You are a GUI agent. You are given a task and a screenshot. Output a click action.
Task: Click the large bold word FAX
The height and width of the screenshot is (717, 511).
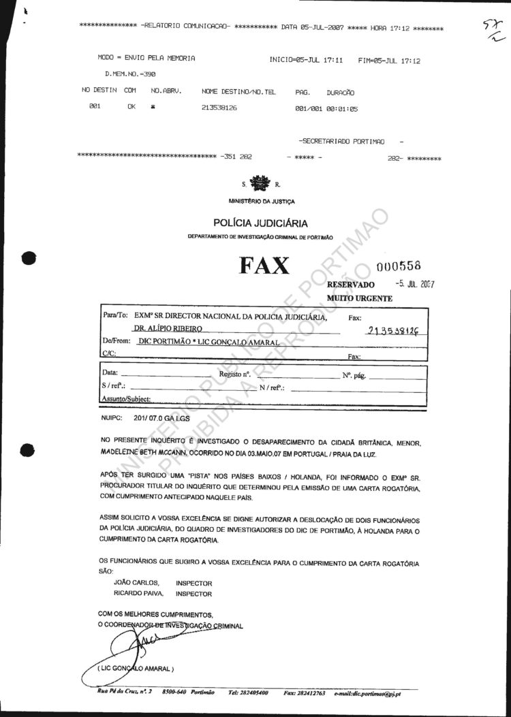(264, 266)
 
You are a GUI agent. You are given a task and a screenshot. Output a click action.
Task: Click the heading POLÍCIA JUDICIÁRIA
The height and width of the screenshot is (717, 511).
(260, 223)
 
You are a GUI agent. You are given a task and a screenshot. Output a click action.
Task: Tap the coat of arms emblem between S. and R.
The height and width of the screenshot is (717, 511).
(260, 183)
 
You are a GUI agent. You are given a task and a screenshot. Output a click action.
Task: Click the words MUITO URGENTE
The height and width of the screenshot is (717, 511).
(360, 298)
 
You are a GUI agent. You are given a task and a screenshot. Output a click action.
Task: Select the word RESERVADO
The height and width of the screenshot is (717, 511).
(351, 285)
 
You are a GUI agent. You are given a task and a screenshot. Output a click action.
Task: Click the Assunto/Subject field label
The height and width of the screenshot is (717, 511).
(126, 399)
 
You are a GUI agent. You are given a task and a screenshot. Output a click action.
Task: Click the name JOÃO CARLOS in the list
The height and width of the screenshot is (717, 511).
(136, 583)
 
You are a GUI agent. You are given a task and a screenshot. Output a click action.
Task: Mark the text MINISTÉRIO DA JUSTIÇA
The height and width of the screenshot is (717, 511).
(262, 201)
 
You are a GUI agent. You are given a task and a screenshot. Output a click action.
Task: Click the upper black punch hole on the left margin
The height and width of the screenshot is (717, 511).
(28, 258)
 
